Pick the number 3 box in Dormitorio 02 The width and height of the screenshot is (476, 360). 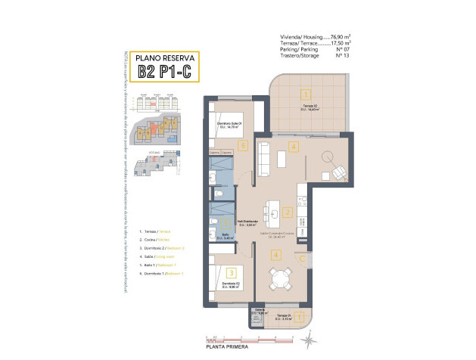tap(232, 273)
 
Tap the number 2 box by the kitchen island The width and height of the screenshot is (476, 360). tap(287, 213)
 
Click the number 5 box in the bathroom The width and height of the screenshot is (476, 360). tap(214, 222)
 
